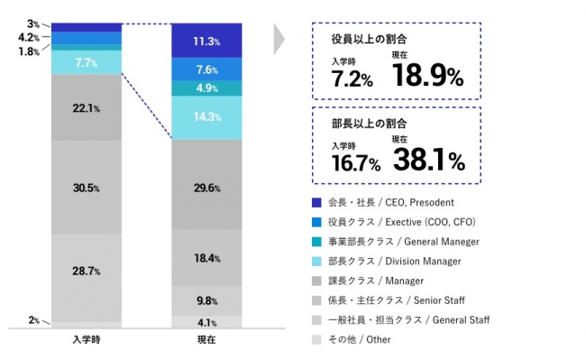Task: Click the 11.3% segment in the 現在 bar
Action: [206, 41]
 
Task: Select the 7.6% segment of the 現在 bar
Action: [206, 69]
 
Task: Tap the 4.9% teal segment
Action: [206, 88]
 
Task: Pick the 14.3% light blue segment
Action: [206, 117]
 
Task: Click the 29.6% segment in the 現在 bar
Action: [206, 188]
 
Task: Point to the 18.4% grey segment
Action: [206, 258]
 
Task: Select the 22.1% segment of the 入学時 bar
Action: [87, 108]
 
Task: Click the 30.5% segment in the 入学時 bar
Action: [87, 188]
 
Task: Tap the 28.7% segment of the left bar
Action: [87, 271]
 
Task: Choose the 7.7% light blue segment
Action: [87, 62]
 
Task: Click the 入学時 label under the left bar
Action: [87, 340]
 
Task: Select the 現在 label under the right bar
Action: [206, 340]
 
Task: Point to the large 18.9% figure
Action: [427, 76]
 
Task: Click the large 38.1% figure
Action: [427, 160]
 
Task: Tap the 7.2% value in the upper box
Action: [352, 79]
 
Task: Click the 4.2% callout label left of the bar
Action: [28, 38]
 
